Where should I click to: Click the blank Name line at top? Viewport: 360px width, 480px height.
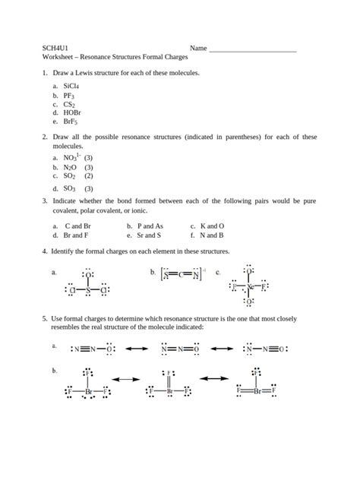tap(252, 49)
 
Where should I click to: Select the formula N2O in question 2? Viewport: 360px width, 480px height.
tap(70, 167)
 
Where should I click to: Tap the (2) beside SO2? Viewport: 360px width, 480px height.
tap(89, 175)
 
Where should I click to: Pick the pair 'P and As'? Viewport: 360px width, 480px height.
tap(150, 226)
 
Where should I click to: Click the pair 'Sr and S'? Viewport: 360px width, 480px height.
tap(149, 235)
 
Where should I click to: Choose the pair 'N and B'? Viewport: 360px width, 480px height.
tap(212, 235)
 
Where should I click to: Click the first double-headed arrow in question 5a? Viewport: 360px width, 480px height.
tap(137, 349)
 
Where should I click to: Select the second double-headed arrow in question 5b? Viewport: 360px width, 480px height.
tap(214, 377)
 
